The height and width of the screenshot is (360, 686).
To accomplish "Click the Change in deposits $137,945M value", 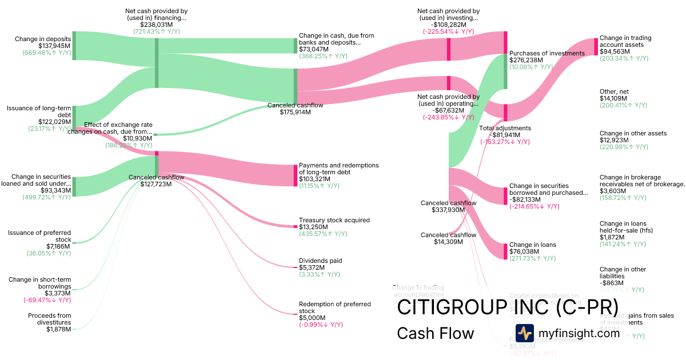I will (54, 46).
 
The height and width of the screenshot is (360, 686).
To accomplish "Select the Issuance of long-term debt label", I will (39, 111).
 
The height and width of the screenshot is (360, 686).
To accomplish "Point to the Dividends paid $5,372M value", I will (312, 267).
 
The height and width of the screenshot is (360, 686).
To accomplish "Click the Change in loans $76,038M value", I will (525, 251).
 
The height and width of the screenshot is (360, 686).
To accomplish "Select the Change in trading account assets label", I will (625, 41).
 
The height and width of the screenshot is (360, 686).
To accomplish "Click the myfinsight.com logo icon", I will (524, 333).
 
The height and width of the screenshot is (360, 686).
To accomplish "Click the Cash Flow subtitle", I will (435, 333).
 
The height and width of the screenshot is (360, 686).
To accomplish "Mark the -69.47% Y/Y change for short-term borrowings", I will (47, 299).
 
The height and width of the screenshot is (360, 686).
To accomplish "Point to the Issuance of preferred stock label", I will (39, 236).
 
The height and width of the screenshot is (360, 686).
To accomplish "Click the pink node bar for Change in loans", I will (505, 251).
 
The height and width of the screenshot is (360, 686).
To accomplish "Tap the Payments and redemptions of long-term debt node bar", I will (296, 175).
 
